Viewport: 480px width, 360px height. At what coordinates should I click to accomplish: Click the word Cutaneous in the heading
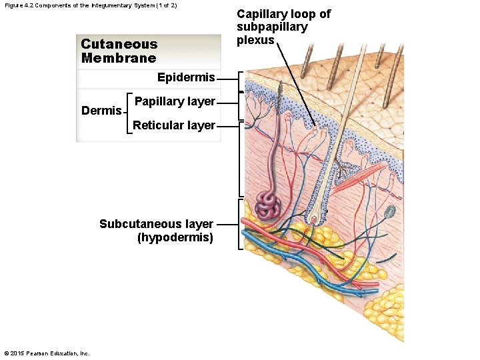(x=119, y=44)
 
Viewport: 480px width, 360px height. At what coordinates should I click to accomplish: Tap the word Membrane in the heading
(x=119, y=57)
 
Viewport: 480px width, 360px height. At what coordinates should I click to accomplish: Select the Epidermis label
(x=186, y=78)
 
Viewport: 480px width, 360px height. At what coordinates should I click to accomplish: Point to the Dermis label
(x=101, y=111)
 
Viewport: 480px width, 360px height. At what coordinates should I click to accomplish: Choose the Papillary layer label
(x=175, y=101)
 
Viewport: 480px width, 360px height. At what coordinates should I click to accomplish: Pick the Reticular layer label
(x=174, y=125)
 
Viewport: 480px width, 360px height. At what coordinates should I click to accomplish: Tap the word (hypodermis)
(x=175, y=237)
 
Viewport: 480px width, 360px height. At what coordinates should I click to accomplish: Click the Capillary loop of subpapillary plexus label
(x=283, y=27)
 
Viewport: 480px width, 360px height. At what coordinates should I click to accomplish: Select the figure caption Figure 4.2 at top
(x=91, y=5)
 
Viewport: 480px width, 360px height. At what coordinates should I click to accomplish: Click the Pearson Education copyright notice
(x=47, y=353)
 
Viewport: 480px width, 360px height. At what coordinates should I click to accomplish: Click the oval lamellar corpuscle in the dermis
(x=390, y=211)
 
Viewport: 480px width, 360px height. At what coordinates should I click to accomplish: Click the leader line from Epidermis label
(x=227, y=79)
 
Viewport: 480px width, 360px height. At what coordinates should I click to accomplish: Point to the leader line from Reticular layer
(x=227, y=125)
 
